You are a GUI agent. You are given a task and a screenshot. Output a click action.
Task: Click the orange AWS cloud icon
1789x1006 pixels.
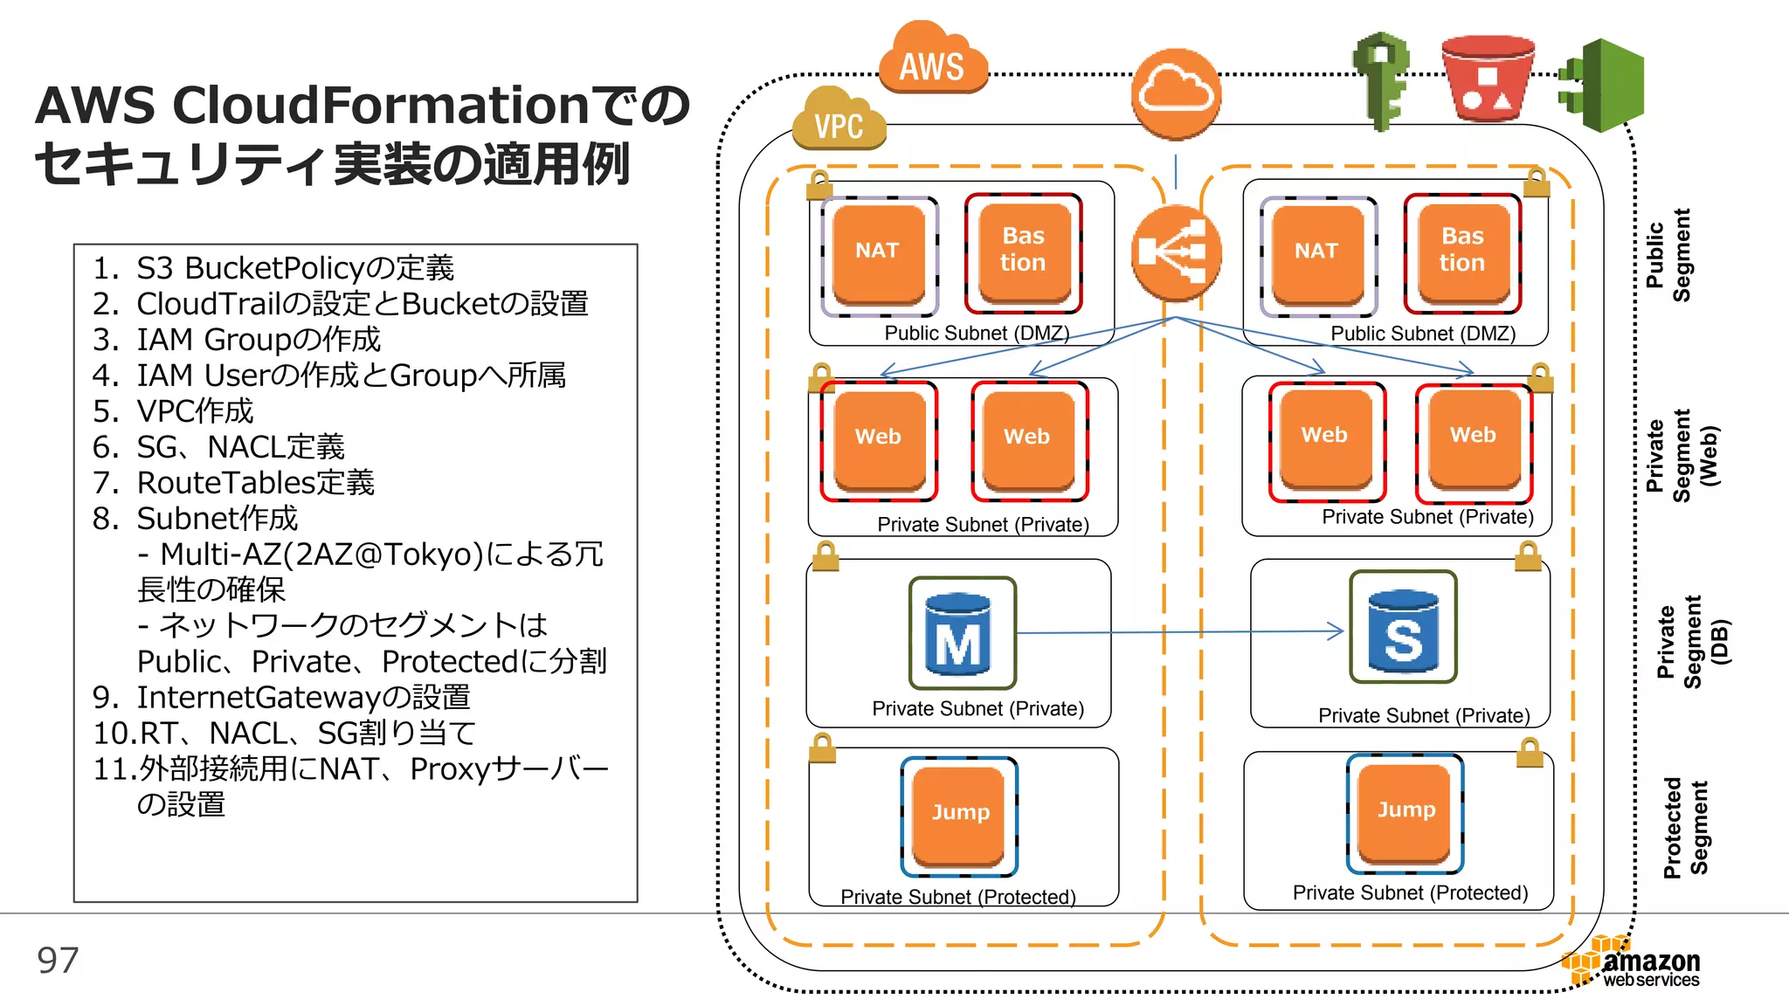coord(932,61)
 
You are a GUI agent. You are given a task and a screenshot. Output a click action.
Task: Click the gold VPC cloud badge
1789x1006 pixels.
coord(839,122)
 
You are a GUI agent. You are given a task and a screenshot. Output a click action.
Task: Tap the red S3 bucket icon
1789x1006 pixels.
coord(1488,79)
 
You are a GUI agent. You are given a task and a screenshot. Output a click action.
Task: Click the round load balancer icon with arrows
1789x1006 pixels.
coord(1176,252)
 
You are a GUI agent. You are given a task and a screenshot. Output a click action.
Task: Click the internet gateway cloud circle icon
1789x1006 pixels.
coord(1176,93)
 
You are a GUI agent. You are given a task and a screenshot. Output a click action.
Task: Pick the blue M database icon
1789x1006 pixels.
coord(962,633)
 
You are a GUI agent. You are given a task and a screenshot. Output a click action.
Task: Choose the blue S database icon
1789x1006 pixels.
coord(1403,627)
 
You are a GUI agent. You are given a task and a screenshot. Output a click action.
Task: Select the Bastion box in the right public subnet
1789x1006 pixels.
coord(1462,252)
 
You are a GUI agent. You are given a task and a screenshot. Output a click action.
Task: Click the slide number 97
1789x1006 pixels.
coord(58,961)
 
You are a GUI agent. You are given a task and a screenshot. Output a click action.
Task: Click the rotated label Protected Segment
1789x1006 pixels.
coord(1685,827)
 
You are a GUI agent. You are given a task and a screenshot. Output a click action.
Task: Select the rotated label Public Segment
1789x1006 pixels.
coord(1668,255)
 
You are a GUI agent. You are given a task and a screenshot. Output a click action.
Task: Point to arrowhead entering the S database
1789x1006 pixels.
coord(1337,630)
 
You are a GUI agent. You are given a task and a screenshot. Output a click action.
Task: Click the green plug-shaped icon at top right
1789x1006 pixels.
coord(1603,86)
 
